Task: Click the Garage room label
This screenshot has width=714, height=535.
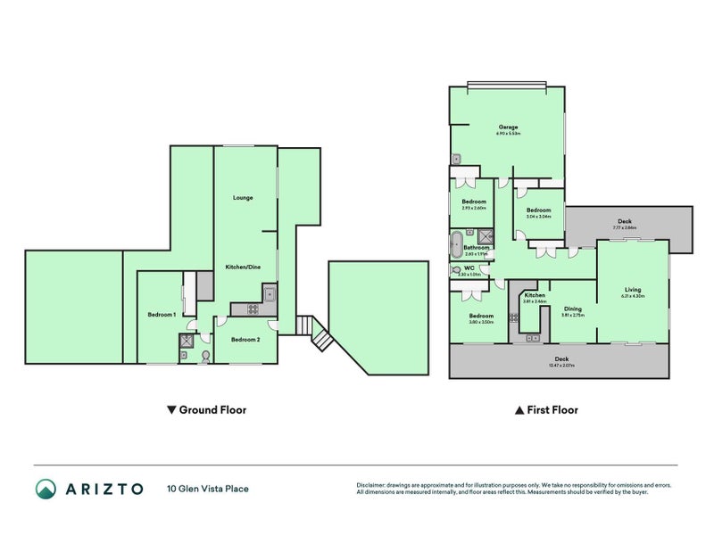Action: click(509, 127)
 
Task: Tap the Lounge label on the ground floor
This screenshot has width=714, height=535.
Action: click(243, 197)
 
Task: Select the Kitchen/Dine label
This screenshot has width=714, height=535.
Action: click(244, 267)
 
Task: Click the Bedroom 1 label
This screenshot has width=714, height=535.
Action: click(161, 315)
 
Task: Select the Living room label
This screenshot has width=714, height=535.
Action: click(633, 289)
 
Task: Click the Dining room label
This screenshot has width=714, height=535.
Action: click(572, 309)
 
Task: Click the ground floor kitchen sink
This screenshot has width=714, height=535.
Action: click(269, 293)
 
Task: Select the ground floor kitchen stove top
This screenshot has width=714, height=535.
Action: click(252, 310)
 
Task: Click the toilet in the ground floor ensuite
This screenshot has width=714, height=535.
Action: click(206, 356)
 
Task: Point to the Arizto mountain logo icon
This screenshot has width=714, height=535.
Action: click(46, 488)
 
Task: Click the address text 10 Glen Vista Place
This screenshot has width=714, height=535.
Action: click(207, 489)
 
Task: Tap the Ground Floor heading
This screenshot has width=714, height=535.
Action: click(206, 410)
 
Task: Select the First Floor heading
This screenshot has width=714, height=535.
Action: click(546, 410)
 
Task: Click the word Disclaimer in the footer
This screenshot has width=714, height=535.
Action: click(373, 485)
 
